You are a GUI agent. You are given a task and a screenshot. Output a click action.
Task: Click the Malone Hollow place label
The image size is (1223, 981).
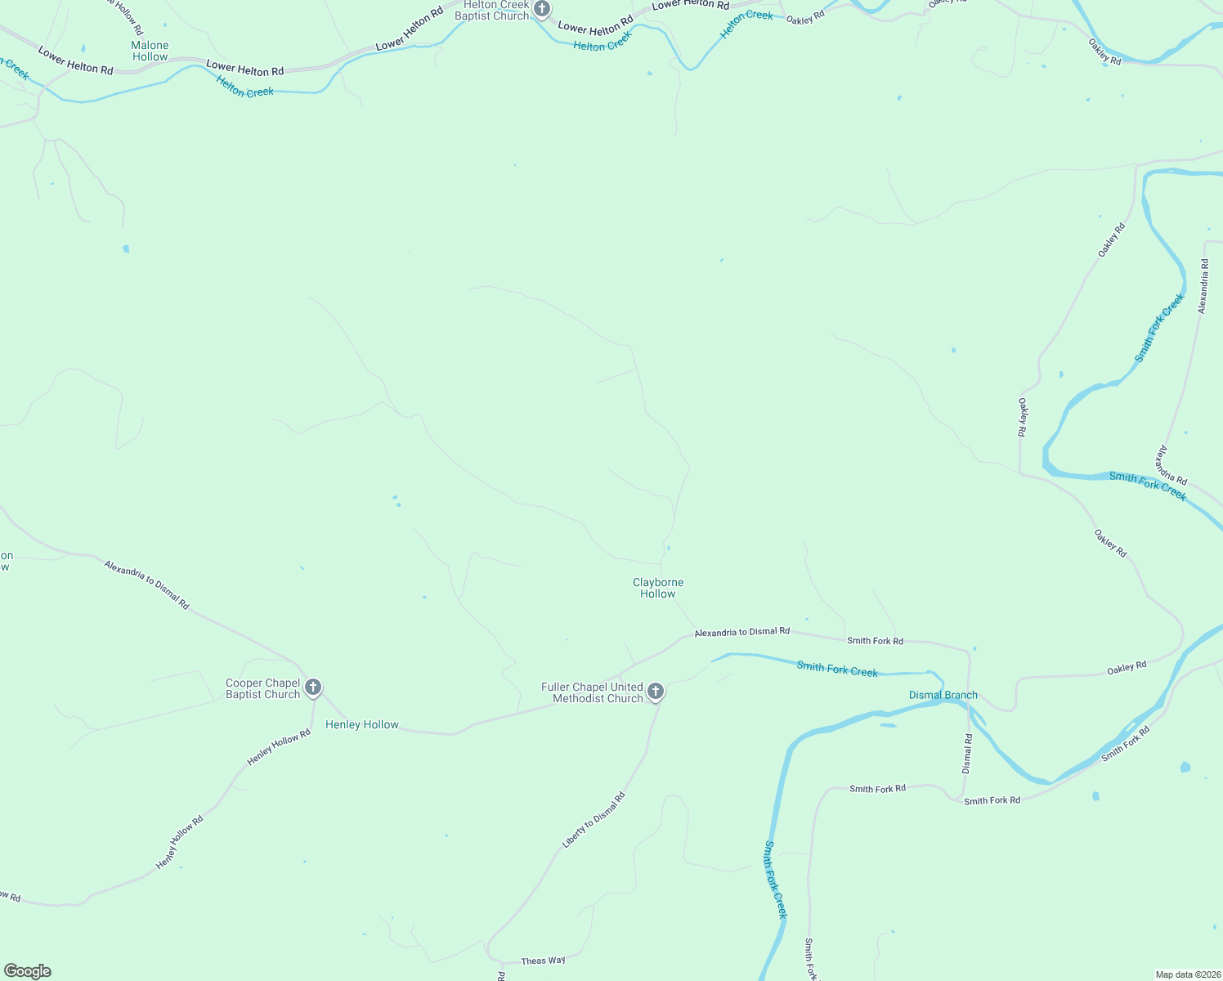click(150, 52)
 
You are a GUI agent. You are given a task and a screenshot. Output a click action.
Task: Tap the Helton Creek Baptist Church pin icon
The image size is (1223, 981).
click(542, 9)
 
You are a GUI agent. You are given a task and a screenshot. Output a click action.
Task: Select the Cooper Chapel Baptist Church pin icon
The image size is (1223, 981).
click(313, 688)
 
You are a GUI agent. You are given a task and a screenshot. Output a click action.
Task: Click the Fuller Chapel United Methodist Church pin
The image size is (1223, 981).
click(655, 692)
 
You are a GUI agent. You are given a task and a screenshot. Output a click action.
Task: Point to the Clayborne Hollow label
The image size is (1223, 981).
click(658, 588)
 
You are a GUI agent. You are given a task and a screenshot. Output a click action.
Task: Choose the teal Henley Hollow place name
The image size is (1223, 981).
click(362, 724)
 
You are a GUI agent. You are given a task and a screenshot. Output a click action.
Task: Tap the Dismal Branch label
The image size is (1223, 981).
click(943, 695)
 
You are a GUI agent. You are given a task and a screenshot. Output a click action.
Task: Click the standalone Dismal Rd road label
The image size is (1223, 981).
click(968, 754)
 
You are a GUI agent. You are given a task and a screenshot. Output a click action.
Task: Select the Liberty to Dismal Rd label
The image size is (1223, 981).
click(594, 820)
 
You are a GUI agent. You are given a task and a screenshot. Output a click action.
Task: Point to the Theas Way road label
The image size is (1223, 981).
click(543, 961)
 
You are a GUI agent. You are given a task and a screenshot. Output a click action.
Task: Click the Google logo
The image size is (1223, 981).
click(27, 971)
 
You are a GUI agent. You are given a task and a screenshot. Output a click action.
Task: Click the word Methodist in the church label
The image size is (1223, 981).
click(577, 699)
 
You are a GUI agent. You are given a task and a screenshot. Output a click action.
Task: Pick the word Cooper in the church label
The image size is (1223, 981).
click(244, 683)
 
